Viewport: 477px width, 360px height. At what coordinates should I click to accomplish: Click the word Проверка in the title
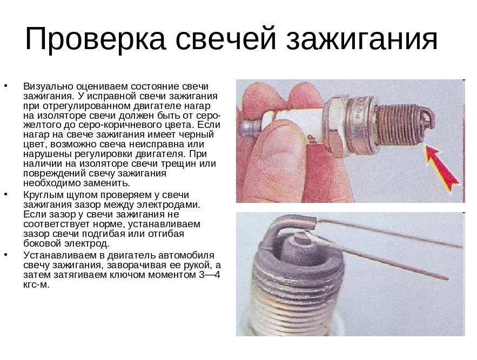point(95,39)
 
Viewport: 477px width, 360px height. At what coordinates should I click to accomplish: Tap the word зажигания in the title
point(362,39)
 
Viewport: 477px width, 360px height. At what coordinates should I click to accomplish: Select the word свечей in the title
point(225,39)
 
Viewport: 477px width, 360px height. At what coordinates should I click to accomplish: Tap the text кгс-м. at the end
point(36,285)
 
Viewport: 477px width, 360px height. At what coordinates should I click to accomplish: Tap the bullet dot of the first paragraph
point(6,86)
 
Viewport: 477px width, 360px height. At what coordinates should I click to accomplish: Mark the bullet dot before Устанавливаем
point(6,255)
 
